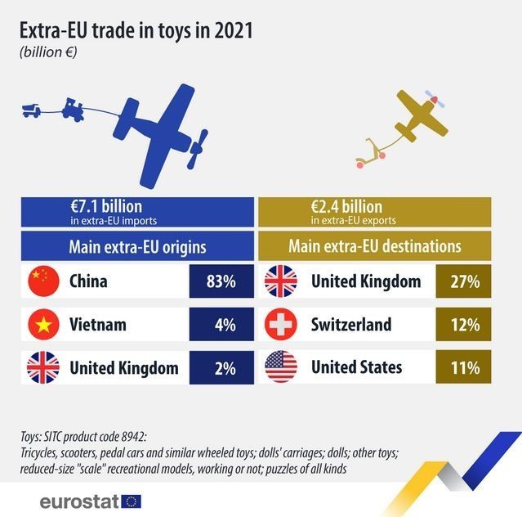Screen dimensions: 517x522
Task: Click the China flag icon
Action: (44, 281)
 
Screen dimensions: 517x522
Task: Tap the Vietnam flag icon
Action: (44, 325)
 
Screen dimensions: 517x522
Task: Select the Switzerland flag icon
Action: (280, 325)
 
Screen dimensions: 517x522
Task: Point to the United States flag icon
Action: (280, 367)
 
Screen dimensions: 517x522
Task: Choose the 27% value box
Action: (463, 281)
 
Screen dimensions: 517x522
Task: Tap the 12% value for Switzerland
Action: (463, 325)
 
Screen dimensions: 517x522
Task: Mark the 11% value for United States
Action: (463, 367)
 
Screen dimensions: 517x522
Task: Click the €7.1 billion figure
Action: (106, 207)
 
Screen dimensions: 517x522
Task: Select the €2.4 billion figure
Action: (346, 207)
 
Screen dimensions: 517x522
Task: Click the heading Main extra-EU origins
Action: (136, 246)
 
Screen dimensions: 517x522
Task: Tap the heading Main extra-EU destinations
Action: (374, 246)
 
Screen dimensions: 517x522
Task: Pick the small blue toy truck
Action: (32, 110)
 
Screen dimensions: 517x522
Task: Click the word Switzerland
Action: (351, 325)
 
